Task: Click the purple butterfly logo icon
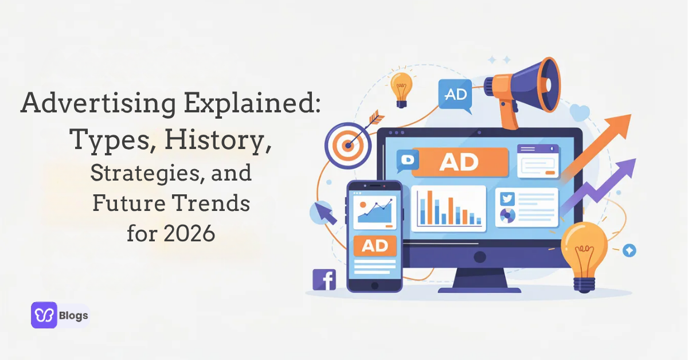point(44,315)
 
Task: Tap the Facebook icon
point(324,279)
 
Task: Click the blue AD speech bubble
point(455,94)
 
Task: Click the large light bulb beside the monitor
point(584,248)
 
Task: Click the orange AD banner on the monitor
point(459,161)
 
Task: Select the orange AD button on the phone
point(375,246)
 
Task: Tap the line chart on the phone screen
point(375,210)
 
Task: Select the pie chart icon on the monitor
point(507,216)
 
